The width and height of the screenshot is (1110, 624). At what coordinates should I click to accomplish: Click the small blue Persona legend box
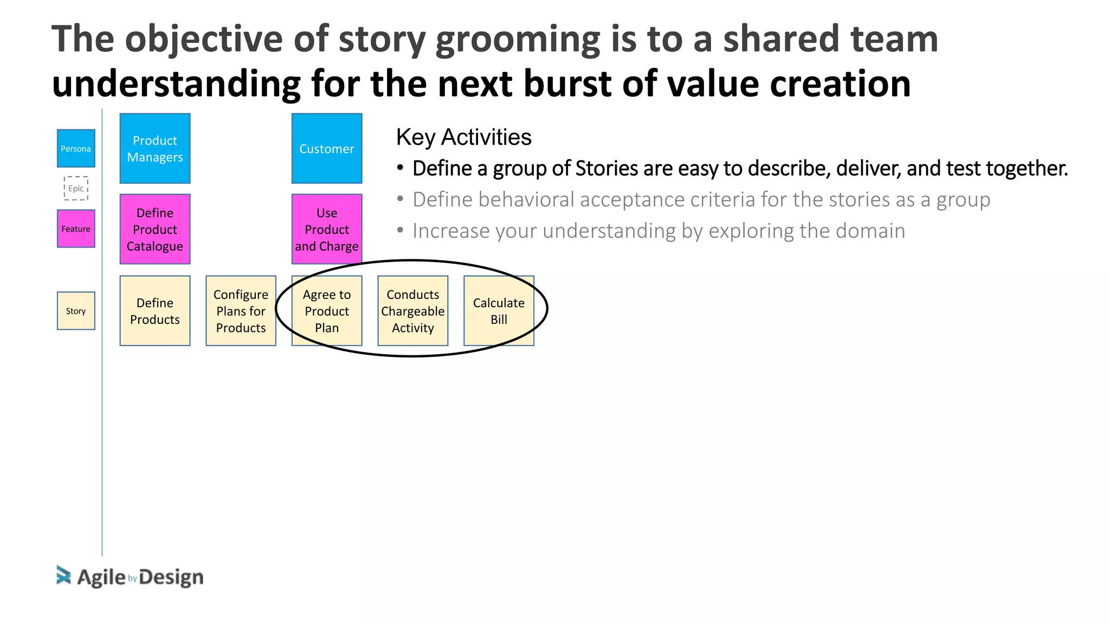[76, 148]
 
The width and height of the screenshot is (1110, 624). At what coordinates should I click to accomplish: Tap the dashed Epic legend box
[76, 188]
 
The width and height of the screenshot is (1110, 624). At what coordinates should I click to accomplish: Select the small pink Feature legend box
[76, 229]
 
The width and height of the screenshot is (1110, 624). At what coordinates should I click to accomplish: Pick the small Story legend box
[76, 311]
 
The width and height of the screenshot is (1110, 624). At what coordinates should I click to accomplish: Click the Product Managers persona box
[155, 148]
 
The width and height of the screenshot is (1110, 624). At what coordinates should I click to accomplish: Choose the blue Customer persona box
[327, 148]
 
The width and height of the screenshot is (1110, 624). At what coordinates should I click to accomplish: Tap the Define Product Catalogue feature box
[155, 229]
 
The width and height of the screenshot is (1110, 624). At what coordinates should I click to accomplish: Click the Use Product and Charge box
[327, 229]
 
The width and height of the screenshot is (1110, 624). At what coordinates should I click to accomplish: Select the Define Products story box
[155, 311]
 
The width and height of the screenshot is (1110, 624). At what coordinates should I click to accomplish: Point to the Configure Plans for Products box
[241, 311]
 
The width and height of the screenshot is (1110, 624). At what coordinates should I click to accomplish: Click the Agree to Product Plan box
[327, 311]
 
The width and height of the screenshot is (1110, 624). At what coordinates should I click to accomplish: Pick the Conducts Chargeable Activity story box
[413, 311]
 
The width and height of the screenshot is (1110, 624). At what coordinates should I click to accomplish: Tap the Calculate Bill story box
[499, 311]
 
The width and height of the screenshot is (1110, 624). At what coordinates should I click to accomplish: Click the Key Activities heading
[463, 137]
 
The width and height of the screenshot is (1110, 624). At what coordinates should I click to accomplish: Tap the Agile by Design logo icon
[63, 576]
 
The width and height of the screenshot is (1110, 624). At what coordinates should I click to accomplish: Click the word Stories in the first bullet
[606, 168]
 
